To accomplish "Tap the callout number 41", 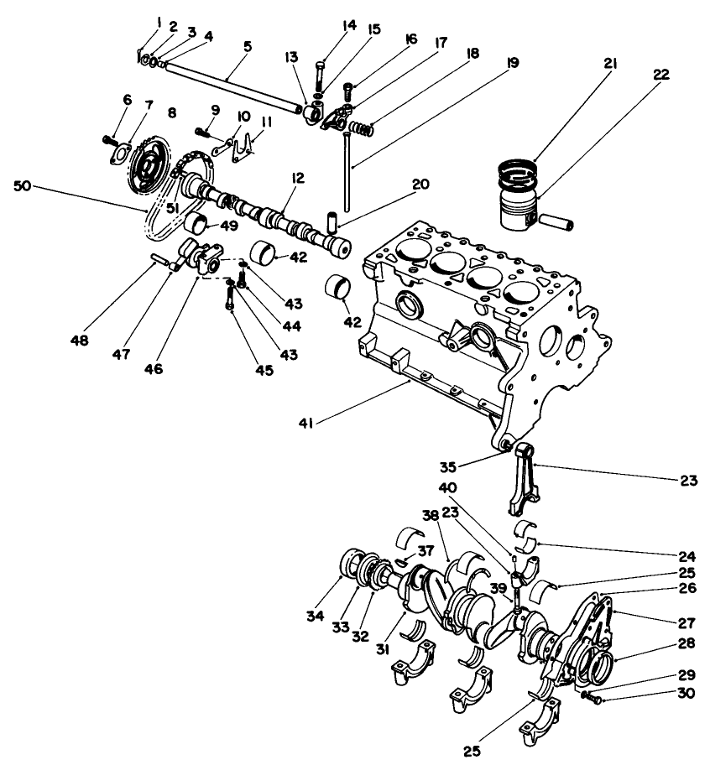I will pyautogui.click(x=307, y=424).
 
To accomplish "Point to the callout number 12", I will pyautogui.click(x=299, y=179).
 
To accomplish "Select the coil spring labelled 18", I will pyautogui.click(x=358, y=128).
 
